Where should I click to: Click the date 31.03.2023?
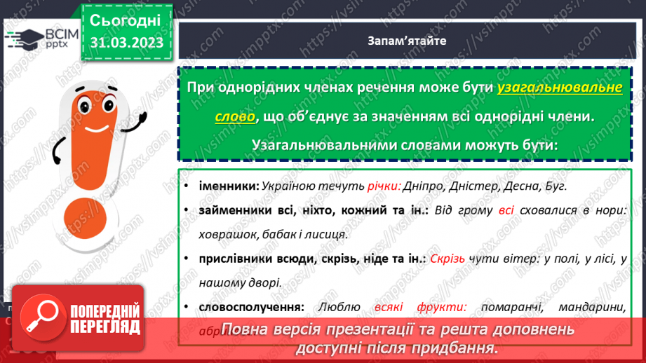126,43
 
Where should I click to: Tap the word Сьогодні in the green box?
126,19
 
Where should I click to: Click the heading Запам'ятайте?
407,40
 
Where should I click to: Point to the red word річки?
383,186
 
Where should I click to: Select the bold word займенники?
228,210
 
